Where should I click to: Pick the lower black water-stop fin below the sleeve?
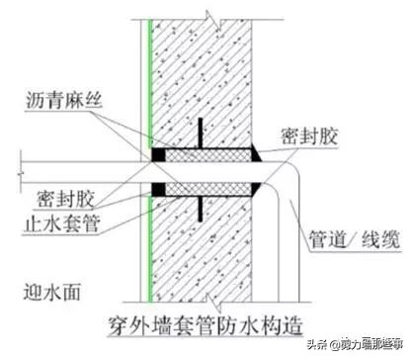coord(201,206)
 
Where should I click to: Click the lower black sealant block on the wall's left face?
coord(157,187)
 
